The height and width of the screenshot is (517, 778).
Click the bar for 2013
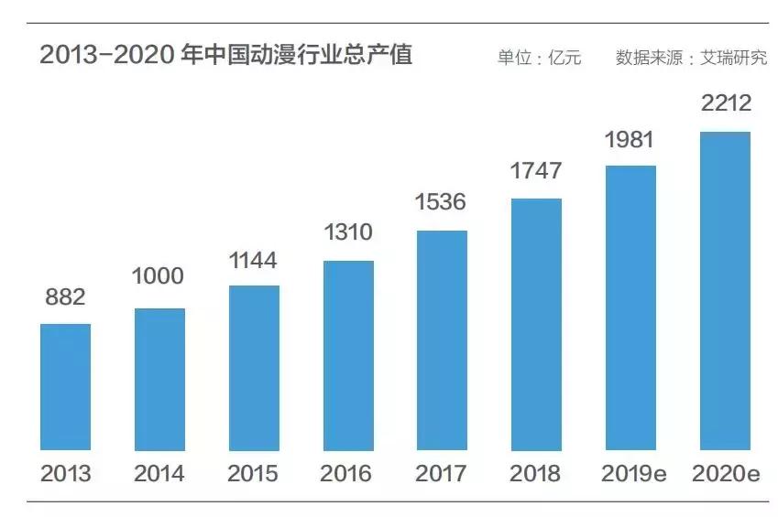(x=66, y=386)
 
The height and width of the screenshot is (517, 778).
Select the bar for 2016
(x=348, y=355)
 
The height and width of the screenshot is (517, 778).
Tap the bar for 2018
(x=536, y=324)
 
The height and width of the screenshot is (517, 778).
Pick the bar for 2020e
(x=725, y=291)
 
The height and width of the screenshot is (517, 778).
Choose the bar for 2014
(x=159, y=379)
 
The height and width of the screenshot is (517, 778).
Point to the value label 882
(x=65, y=297)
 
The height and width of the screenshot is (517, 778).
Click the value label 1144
(x=253, y=261)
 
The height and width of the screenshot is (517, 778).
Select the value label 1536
(x=442, y=202)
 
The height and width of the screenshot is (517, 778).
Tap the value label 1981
(x=630, y=140)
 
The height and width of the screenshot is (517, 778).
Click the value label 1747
(x=536, y=171)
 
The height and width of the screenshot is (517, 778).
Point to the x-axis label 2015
(x=253, y=474)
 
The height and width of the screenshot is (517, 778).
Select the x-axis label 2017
(x=442, y=474)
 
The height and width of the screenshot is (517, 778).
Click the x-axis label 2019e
(x=630, y=474)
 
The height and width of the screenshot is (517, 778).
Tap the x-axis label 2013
(x=66, y=474)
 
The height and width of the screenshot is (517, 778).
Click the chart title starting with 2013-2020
(x=225, y=56)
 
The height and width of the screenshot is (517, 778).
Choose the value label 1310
(x=348, y=232)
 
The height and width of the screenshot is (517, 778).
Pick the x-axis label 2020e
(x=725, y=474)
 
